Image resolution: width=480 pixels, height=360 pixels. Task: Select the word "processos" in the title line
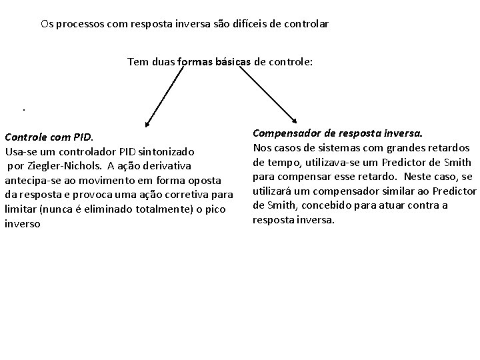[79, 24]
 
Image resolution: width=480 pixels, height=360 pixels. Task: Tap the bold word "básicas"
[229, 62]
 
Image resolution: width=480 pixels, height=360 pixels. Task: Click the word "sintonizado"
[166, 151]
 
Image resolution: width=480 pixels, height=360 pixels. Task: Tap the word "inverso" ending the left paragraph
[23, 224]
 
